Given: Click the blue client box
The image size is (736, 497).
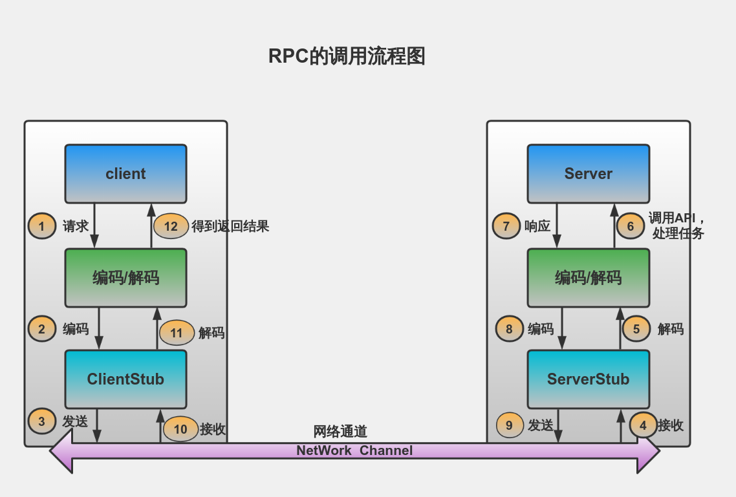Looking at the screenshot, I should pyautogui.click(x=125, y=174).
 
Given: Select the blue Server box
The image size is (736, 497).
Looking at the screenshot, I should pyautogui.click(x=588, y=174).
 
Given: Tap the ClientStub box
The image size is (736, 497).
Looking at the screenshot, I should pyautogui.click(x=125, y=379).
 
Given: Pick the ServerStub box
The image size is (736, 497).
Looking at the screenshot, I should pyautogui.click(x=588, y=379).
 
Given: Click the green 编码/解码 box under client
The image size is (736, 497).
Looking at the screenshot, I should pyautogui.click(x=125, y=278).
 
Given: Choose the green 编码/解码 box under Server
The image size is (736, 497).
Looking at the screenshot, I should pyautogui.click(x=588, y=278).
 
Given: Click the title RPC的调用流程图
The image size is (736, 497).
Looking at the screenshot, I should pyautogui.click(x=347, y=56).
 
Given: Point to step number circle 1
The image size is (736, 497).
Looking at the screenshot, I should pyautogui.click(x=42, y=226).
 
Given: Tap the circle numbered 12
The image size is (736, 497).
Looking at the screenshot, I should pyautogui.click(x=171, y=226).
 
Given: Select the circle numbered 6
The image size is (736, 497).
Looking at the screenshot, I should pyautogui.click(x=631, y=226).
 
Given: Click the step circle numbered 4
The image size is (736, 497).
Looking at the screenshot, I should pyautogui.click(x=643, y=425).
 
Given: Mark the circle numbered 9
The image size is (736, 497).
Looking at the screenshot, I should pyautogui.click(x=510, y=425).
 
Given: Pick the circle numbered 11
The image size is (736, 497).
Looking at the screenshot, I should pyautogui.click(x=177, y=333).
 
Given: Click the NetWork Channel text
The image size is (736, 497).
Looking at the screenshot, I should pyautogui.click(x=354, y=450).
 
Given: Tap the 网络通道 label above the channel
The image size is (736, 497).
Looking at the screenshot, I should pyautogui.click(x=340, y=432).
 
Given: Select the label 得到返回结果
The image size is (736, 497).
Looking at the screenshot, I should pyautogui.click(x=230, y=226).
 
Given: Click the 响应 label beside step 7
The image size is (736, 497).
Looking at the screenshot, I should pyautogui.click(x=537, y=226).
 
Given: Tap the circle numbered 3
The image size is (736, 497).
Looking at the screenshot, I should pyautogui.click(x=42, y=421).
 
